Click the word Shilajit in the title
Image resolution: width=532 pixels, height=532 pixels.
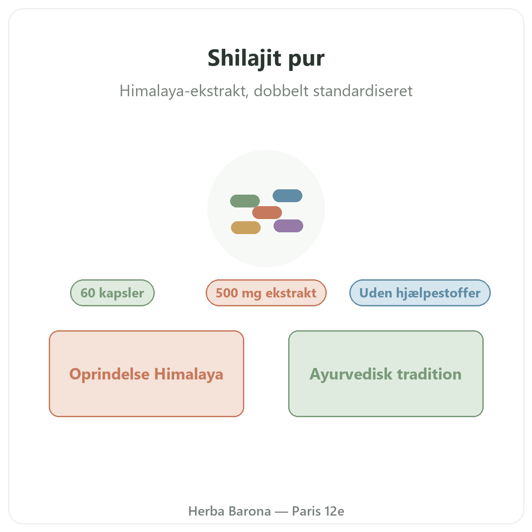[x=244, y=58]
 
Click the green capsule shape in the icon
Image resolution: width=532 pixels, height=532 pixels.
[x=245, y=201]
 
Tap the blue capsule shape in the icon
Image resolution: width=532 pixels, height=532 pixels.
[x=287, y=196]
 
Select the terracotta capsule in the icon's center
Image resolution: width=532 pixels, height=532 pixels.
[x=267, y=213]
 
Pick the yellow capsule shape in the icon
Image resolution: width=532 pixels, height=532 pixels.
[x=246, y=227]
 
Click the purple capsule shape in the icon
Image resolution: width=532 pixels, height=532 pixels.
[x=288, y=226]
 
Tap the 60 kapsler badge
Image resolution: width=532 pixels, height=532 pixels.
[x=112, y=293]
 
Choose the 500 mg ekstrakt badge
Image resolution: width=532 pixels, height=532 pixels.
[x=266, y=293]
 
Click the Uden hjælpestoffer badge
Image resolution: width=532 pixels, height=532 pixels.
[x=420, y=293]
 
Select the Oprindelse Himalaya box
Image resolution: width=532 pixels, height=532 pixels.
[x=146, y=374]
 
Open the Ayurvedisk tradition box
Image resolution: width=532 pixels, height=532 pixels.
[x=386, y=374]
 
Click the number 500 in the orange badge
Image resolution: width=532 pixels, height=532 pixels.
[x=227, y=293]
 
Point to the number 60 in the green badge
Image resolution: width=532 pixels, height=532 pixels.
[x=88, y=293]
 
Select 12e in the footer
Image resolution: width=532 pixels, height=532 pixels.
[x=334, y=511]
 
